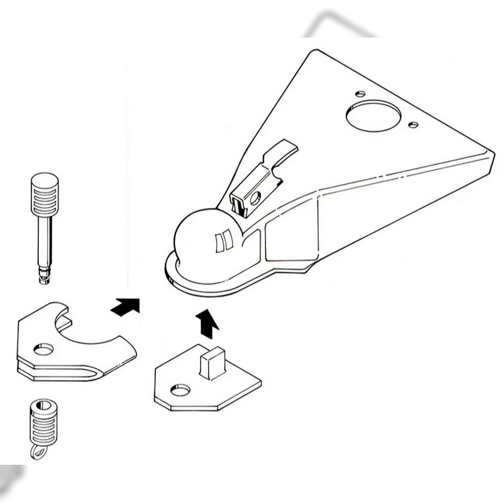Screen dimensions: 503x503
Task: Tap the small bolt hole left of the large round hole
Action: tap(360, 93)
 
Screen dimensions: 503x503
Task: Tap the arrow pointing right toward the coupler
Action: tap(126, 305)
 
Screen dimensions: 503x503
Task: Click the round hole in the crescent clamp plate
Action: tap(43, 349)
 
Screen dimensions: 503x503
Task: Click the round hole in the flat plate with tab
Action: tap(180, 390)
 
